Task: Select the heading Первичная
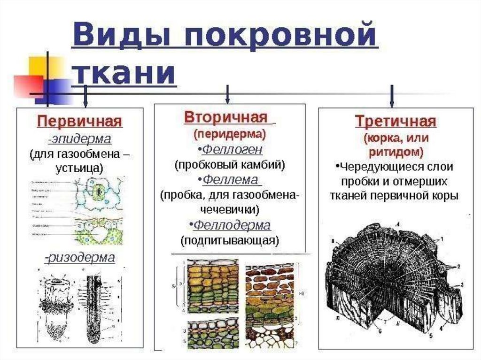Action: point(80,122)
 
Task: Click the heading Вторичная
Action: point(225,117)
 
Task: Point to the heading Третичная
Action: point(396,122)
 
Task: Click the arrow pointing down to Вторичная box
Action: point(227,95)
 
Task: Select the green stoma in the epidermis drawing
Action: point(99,192)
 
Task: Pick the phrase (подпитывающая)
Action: point(230,240)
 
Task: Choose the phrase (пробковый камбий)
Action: point(230,165)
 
